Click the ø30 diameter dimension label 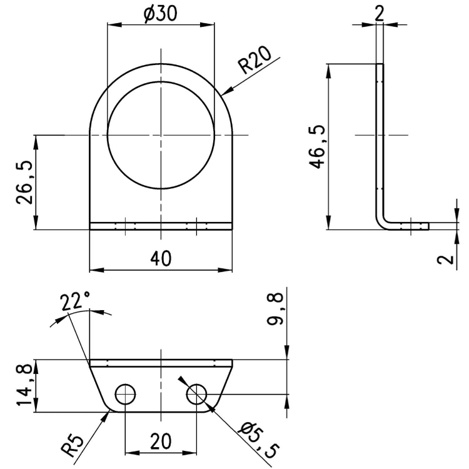click(160, 14)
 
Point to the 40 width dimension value click(161, 258)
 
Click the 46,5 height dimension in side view click(317, 146)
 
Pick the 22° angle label click(75, 301)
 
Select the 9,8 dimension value click(275, 309)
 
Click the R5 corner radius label click(73, 446)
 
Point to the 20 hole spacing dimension click(161, 441)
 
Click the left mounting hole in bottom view click(126, 394)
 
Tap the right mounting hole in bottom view click(196, 394)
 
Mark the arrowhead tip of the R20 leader click(221, 96)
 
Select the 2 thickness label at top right click(380, 14)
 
